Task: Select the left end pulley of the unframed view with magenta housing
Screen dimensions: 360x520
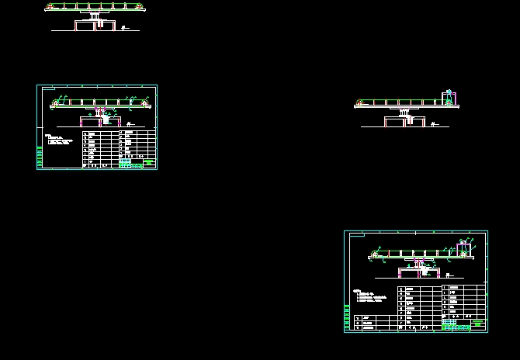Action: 359,103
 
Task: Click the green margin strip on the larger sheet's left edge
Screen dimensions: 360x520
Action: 347,318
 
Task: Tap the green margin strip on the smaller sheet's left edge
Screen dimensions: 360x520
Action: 39,157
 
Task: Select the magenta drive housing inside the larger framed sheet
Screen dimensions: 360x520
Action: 464,248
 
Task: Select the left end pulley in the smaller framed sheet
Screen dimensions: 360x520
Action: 56,103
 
